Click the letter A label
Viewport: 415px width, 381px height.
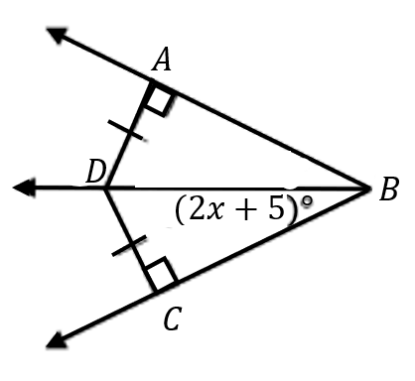[x=162, y=61]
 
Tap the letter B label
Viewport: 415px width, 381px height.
[x=389, y=189]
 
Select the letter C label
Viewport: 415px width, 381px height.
[x=173, y=318]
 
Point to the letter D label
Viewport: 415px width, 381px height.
[x=96, y=173]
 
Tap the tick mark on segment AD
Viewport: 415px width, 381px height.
[x=126, y=130]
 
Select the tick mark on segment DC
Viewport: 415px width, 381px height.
[x=129, y=246]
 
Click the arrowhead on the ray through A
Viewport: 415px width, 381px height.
[x=58, y=35]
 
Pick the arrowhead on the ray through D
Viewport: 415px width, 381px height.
[x=24, y=188]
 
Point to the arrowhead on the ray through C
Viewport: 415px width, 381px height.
[x=57, y=339]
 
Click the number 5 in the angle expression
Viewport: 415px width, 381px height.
[x=277, y=209]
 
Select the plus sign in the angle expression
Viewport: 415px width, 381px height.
[x=245, y=210]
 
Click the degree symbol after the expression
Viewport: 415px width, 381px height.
[x=307, y=201]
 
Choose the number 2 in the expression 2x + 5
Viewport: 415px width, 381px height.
[x=196, y=209]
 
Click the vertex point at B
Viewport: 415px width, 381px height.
[x=368, y=189]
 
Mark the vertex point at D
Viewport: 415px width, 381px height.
[x=105, y=189]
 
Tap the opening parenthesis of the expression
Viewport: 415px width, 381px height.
[x=180, y=211]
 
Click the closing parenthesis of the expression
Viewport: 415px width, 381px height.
[x=292, y=211]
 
